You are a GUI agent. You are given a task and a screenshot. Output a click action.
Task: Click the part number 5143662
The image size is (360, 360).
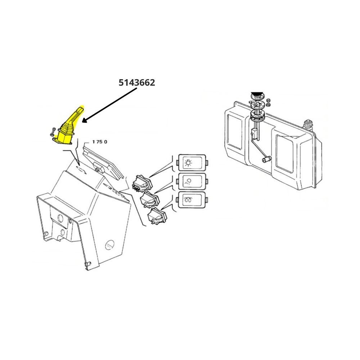click(x=136, y=82)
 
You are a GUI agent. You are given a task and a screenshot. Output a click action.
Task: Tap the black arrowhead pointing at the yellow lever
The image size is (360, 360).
click(x=85, y=120)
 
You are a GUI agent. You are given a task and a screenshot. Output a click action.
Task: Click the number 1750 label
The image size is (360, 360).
click(x=100, y=142)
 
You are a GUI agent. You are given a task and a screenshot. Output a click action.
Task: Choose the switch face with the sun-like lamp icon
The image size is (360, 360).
click(x=192, y=163)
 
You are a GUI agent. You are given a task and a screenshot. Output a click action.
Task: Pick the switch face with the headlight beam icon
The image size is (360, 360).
click(x=192, y=181)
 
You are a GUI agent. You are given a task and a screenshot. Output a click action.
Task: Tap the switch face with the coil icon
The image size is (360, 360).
click(x=192, y=200)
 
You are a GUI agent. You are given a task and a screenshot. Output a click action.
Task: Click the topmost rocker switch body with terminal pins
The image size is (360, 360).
click(x=141, y=184)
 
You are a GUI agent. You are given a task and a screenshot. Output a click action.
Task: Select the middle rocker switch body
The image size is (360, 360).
click(x=150, y=199)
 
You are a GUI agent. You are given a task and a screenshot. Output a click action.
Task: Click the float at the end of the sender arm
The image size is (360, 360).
click(x=267, y=159)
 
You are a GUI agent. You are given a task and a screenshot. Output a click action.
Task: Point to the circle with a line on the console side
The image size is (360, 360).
click(x=110, y=245)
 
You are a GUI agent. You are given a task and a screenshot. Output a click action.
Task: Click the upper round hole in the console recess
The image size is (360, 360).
click(x=60, y=218)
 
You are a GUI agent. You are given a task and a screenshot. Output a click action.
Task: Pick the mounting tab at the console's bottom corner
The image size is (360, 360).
click(x=87, y=264)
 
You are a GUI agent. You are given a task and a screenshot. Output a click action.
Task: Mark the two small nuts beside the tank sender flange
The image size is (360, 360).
click(x=268, y=103)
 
